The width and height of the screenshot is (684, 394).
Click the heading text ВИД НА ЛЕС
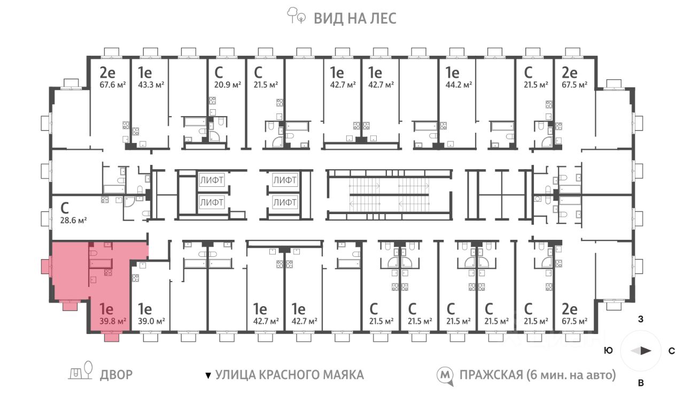(354, 19)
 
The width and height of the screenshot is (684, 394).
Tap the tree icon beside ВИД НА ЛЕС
(297, 16)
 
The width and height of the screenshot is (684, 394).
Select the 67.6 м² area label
(112, 85)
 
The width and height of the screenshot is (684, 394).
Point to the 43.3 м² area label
(151, 85)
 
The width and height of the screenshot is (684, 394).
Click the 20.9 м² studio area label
(228, 85)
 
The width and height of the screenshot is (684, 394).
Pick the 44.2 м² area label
(459, 85)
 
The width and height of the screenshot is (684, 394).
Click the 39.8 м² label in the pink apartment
(113, 321)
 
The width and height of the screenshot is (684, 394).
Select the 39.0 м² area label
(151, 321)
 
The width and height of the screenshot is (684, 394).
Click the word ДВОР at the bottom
(116, 375)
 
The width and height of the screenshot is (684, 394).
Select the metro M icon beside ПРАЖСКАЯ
(444, 375)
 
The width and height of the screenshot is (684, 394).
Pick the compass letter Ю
(608, 351)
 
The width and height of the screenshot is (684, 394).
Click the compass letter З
(640, 320)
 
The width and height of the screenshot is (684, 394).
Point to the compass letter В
(641, 382)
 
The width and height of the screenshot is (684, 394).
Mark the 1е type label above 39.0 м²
(145, 309)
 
